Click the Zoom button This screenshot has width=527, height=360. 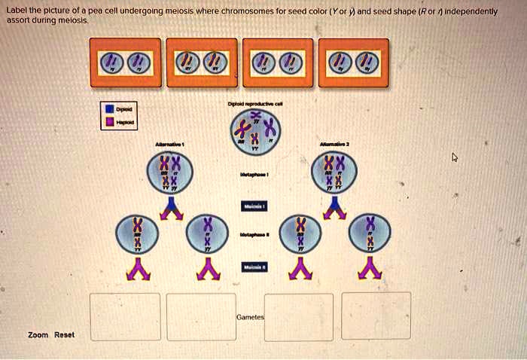[x=38, y=334]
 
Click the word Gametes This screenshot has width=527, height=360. [x=249, y=318]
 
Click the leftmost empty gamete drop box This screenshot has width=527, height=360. [x=125, y=316]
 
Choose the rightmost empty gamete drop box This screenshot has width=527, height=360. [x=376, y=316]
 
